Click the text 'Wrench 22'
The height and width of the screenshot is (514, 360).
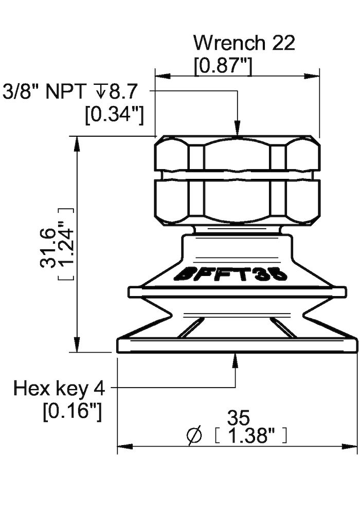coord(244,43)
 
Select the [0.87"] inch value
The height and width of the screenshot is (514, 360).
coord(223,66)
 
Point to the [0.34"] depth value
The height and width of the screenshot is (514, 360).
coord(114,114)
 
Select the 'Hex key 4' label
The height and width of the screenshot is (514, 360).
coord(60,389)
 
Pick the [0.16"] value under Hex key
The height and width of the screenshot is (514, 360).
coord(72,411)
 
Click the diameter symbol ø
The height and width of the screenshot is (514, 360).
coord(195,436)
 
